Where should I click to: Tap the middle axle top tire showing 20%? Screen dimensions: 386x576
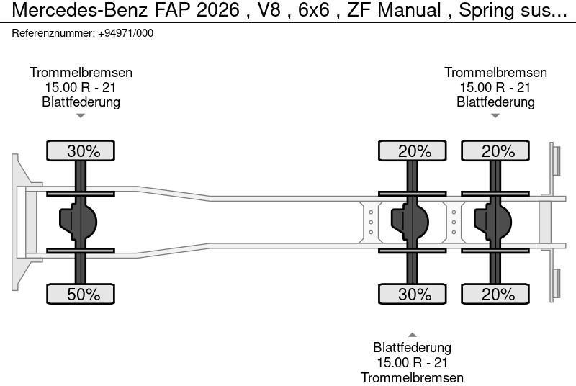click(x=415, y=151)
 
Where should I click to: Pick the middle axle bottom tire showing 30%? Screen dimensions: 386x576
click(x=415, y=294)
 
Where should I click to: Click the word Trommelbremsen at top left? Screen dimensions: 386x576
click(x=81, y=73)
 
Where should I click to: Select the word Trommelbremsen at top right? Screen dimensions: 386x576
click(x=495, y=73)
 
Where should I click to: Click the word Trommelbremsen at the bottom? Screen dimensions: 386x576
click(x=413, y=377)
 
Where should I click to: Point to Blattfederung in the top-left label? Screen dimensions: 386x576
click(x=81, y=102)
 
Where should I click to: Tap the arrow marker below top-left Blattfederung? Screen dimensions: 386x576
click(x=81, y=115)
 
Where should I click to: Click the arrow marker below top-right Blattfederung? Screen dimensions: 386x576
click(x=495, y=115)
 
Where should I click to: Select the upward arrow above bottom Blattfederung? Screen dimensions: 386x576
click(x=413, y=334)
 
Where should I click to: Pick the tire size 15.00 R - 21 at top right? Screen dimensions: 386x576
click(x=495, y=87)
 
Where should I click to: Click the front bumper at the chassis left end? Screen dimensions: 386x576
click(x=22, y=222)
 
